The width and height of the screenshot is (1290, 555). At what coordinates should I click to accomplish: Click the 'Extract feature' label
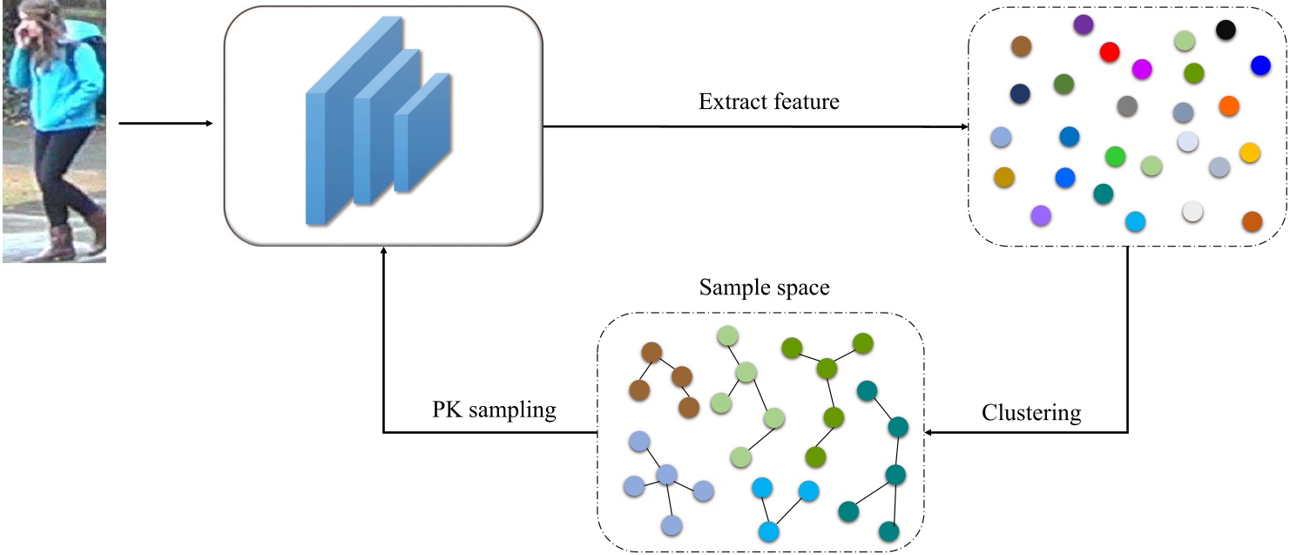pos(769,102)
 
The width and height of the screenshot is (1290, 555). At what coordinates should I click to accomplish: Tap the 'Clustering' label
pos(1030,412)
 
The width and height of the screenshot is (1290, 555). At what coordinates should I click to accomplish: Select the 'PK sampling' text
pos(494,409)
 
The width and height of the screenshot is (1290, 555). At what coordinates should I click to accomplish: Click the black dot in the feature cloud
pos(1226,30)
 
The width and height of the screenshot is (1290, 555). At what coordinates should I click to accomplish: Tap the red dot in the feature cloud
pos(1109,51)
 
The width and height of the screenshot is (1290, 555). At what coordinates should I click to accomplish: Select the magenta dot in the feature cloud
pos(1142,69)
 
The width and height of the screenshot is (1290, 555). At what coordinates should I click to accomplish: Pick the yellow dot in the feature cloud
pos(1249,152)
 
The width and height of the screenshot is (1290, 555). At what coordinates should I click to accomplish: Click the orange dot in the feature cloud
pos(1228,105)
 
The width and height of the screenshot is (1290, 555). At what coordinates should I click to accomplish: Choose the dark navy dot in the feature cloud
pos(1020,93)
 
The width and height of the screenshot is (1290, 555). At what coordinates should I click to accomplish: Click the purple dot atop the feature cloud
pos(1084,24)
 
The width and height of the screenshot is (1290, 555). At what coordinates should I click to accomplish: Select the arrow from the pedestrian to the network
pos(165,123)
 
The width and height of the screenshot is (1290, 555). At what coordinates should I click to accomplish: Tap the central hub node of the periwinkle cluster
pos(666,475)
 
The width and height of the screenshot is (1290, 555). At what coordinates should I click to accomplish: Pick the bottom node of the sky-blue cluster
pos(767,529)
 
